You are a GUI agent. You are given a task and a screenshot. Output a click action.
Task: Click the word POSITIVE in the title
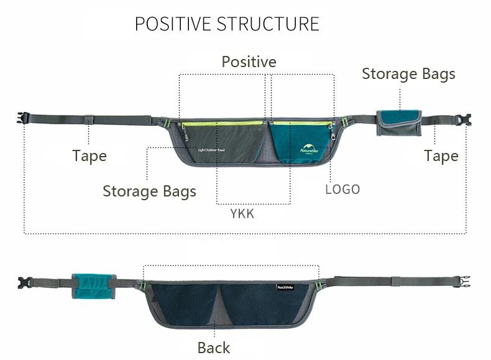point(173,24)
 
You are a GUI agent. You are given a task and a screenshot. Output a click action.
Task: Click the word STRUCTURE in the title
point(268,24)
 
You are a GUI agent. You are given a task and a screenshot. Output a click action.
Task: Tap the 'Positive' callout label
point(249,62)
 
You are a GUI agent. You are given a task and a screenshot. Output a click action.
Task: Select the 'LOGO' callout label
point(342,189)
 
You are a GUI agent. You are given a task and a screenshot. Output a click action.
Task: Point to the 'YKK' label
point(242,214)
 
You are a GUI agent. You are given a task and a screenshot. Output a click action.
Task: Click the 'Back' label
point(213,348)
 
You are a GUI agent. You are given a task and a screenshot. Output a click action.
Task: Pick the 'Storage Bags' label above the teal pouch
point(408,74)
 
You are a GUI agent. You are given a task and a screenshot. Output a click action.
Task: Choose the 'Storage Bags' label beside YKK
point(149,191)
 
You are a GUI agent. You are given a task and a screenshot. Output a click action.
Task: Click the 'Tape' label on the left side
point(89,155)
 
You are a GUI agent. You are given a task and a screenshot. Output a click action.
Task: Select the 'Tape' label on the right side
point(441,155)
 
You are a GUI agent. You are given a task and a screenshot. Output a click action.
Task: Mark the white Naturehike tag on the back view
point(286,287)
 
